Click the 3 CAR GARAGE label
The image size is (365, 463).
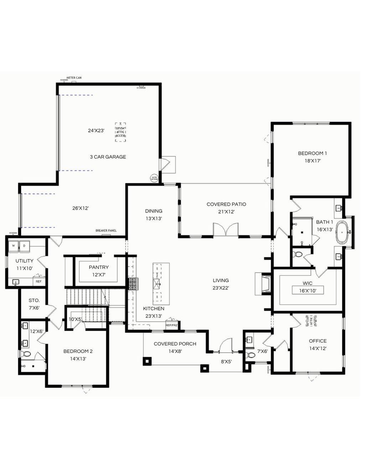click(108, 157)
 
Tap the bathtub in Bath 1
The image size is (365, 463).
click(344, 233)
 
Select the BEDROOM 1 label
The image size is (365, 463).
click(312, 153)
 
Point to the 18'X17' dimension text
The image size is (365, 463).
click(312, 161)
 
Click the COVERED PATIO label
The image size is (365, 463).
click(226, 204)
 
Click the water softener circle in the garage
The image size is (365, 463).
click(154, 178)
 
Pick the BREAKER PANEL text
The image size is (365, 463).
click(106, 231)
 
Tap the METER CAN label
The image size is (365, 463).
click(74, 77)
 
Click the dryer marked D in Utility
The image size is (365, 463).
click(24, 246)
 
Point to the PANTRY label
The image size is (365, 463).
click(99, 267)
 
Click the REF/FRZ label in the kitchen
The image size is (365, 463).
click(171, 325)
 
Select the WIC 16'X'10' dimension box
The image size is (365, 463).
click(308, 291)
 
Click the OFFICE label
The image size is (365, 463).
click(318, 341)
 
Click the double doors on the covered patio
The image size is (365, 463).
click(226, 230)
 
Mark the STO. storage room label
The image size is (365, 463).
click(34, 300)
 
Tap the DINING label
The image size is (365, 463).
click(154, 211)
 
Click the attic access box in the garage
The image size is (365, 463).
click(120, 132)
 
